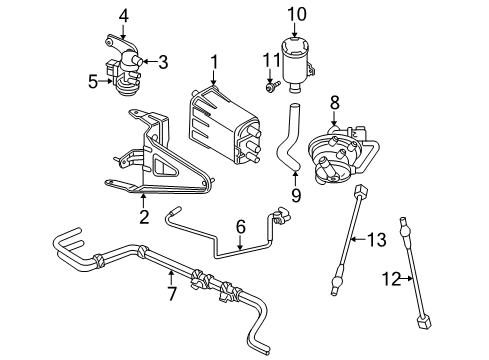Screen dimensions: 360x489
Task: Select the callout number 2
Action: pyautogui.click(x=144, y=216)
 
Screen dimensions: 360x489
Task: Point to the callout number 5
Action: pyautogui.click(x=92, y=82)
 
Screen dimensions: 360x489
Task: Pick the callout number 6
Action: pyautogui.click(x=241, y=228)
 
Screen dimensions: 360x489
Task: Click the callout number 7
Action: pyautogui.click(x=171, y=293)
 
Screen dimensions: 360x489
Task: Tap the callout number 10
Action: pyautogui.click(x=296, y=14)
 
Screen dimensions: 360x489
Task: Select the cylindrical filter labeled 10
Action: pyautogui.click(x=297, y=60)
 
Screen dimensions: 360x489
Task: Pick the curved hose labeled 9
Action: pyautogui.click(x=288, y=140)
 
